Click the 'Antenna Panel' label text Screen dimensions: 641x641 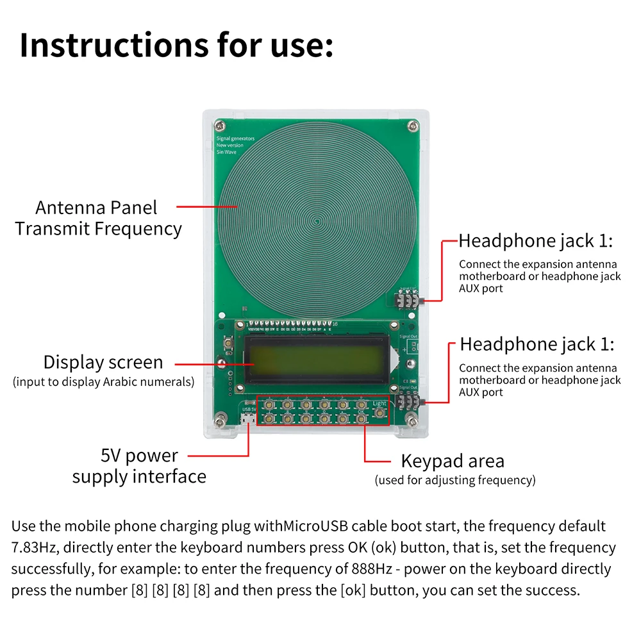pos(96,208)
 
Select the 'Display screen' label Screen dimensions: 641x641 pos(103,362)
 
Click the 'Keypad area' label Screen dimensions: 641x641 pos(453,461)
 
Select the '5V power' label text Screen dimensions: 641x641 pos(139,456)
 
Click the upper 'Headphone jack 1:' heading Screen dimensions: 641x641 pos(536,242)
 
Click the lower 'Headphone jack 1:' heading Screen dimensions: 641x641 pos(537,345)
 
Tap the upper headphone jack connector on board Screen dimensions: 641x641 pos(408,300)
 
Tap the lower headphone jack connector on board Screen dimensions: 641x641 pos(408,403)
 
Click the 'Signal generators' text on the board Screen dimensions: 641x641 pos(235,138)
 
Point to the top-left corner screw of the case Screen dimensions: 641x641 pos(219,123)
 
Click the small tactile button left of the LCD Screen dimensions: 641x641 pos(228,344)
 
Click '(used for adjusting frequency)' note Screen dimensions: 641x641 pos(454,480)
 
